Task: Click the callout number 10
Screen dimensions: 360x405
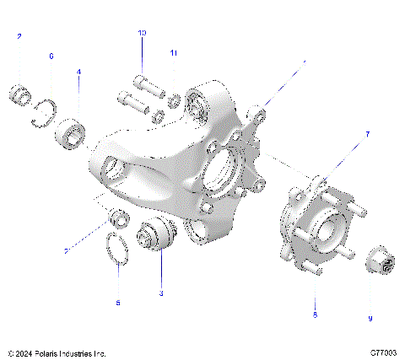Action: [143, 32]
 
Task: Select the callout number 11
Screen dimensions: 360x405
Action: [174, 53]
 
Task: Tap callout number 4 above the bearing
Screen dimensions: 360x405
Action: [79, 73]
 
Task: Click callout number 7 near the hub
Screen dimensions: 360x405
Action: [367, 134]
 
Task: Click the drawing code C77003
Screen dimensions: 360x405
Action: [384, 352]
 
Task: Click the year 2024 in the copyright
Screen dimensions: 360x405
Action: [26, 352]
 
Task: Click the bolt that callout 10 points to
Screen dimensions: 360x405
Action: [143, 84]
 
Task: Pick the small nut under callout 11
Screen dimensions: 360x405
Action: [173, 103]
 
